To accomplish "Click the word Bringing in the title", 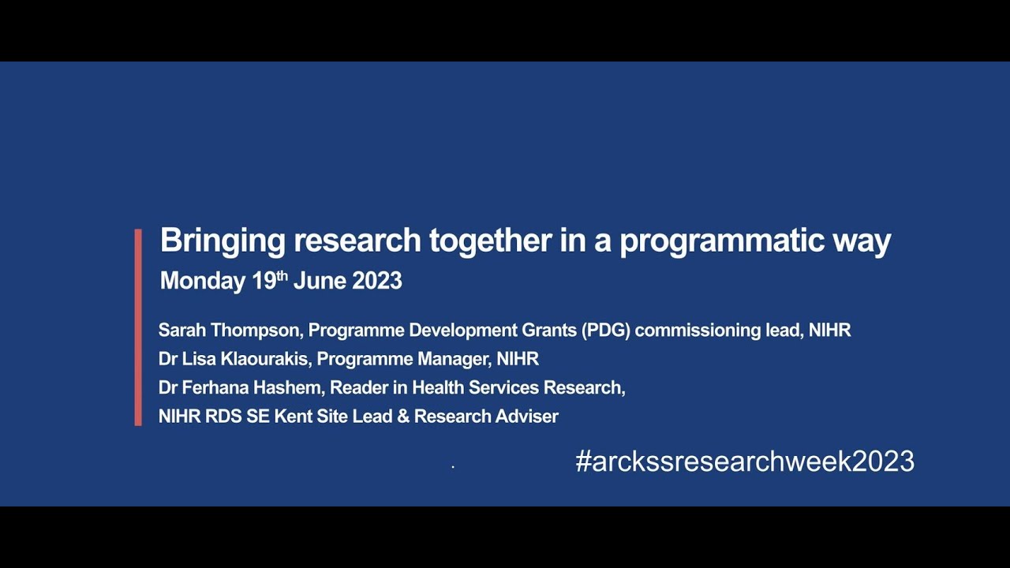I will point(223,241).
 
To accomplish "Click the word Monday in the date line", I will point(202,281).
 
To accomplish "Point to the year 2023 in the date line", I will point(377,281).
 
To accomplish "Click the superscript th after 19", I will point(282,275).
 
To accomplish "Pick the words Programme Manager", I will point(400,359).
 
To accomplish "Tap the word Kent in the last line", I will point(293,417).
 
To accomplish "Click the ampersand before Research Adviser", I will point(403,417).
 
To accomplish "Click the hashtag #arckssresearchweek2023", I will point(745,461).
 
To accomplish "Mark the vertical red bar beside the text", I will point(138,327).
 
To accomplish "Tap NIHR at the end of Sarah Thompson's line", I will point(829,331).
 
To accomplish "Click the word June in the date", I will point(320,281).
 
